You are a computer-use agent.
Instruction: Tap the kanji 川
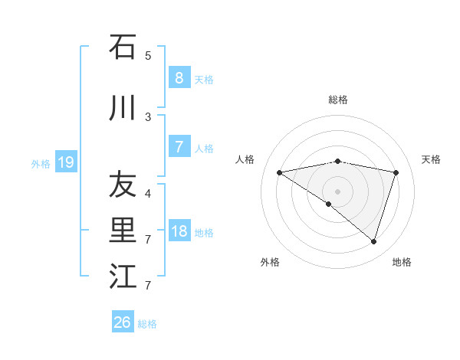(123, 110)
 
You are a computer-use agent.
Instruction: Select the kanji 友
(123, 185)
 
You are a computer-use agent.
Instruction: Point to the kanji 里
(123, 231)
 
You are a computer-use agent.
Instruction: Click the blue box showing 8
(179, 78)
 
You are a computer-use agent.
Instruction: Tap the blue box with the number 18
(179, 231)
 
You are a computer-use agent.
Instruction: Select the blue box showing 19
(65, 162)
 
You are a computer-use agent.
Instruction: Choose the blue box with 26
(122, 322)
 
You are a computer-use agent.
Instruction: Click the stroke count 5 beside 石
(148, 56)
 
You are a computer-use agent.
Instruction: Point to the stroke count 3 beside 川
(148, 117)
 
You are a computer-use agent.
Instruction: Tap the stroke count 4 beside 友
(148, 193)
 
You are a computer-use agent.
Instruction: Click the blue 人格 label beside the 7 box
(204, 149)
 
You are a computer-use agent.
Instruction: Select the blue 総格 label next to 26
(147, 324)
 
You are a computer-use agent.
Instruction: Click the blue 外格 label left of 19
(41, 163)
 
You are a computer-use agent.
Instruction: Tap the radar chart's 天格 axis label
(431, 159)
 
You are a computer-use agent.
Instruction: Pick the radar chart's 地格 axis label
(402, 262)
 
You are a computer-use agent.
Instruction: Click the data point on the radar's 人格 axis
(279, 172)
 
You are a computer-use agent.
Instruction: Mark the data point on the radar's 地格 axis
(373, 241)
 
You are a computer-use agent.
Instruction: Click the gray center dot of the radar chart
(337, 191)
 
